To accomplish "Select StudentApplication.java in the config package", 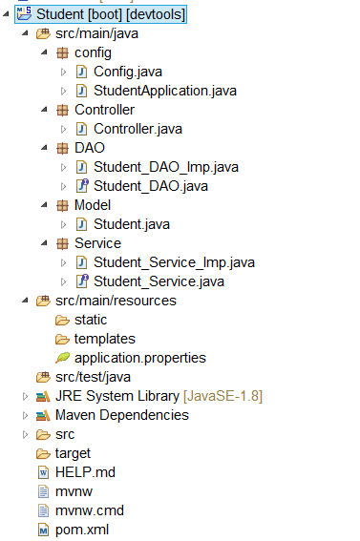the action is (164, 91).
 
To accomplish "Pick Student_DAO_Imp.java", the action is (165, 167).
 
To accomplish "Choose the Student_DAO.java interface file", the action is (151, 186).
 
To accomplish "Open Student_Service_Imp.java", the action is (174, 262).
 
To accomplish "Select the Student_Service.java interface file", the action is (159, 281).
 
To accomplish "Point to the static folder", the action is (91, 320).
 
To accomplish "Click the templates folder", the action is (104, 339).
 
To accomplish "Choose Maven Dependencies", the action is (121, 415).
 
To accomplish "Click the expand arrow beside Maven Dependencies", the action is (25, 415).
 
